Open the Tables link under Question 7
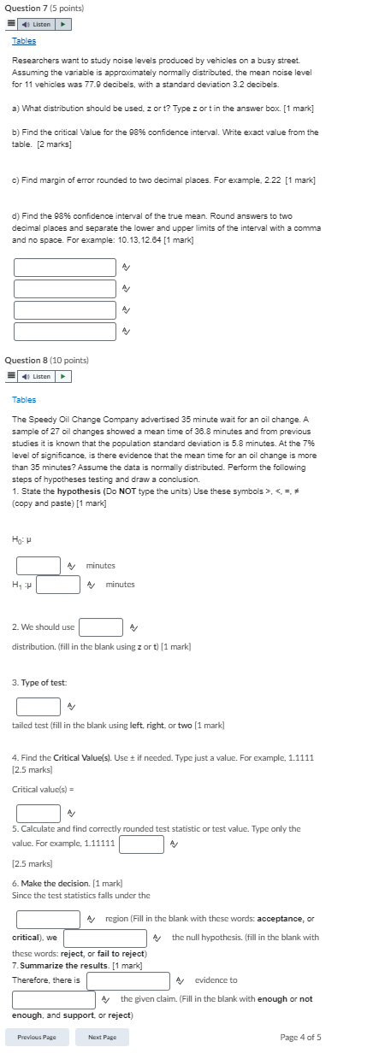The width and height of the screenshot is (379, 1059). (24, 40)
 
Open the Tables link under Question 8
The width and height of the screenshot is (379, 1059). (24, 399)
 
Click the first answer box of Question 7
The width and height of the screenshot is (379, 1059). (64, 268)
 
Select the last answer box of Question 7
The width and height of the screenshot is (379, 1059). (64, 331)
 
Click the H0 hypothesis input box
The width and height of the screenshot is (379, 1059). (38, 565)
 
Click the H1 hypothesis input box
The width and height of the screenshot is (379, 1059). (58, 585)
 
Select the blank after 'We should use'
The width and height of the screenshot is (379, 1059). (101, 627)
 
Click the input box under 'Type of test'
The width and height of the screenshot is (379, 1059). (38, 707)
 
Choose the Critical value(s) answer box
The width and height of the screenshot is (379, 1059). (38, 812)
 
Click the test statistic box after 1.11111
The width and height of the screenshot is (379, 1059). (141, 844)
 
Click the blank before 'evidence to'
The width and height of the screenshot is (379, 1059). (128, 980)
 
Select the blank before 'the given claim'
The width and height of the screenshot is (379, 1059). (54, 999)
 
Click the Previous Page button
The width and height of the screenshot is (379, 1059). (37, 1037)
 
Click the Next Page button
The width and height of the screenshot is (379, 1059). (102, 1037)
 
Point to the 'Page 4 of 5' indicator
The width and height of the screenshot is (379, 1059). (300, 1037)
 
